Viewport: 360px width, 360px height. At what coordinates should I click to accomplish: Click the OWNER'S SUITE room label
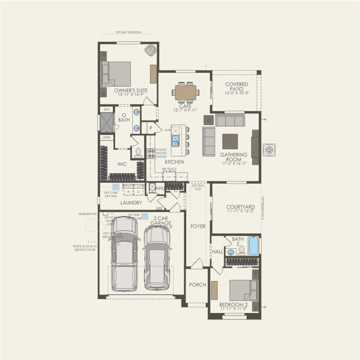131,91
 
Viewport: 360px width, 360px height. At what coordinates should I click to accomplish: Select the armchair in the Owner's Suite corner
150,50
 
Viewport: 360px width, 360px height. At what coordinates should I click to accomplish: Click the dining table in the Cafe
186,91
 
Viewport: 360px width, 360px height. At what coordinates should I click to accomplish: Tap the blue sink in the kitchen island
176,141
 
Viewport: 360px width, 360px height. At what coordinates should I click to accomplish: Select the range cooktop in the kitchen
151,153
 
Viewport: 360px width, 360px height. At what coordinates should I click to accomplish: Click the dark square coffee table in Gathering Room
230,141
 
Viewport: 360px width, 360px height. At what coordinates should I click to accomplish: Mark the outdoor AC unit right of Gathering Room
270,150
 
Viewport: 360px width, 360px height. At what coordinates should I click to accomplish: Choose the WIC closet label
122,164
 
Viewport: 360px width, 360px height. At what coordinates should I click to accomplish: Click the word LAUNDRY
131,203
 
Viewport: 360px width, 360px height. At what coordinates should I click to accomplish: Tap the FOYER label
198,226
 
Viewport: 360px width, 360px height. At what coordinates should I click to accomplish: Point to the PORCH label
198,285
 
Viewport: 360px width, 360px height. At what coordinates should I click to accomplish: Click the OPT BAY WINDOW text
128,32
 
